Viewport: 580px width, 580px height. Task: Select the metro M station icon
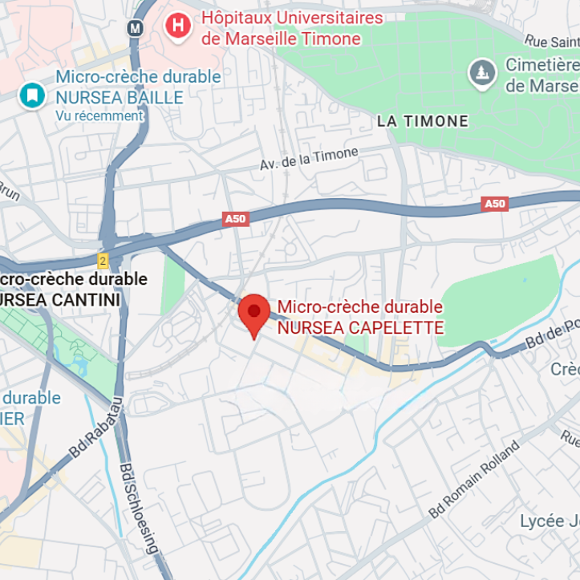[x=135, y=27]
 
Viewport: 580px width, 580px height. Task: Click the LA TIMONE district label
[x=423, y=121]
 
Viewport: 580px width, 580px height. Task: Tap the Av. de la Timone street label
[x=309, y=158]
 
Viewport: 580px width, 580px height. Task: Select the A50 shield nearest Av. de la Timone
[x=235, y=219]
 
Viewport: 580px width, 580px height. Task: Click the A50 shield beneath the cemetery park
[x=495, y=204]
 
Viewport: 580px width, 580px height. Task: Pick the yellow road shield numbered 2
[x=103, y=261]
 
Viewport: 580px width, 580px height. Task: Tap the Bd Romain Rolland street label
[x=473, y=479]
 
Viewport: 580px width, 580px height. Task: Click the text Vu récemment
[x=99, y=116]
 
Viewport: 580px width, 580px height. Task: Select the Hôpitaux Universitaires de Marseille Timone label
[x=292, y=28]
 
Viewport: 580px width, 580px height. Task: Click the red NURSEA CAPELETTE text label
[x=360, y=318]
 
